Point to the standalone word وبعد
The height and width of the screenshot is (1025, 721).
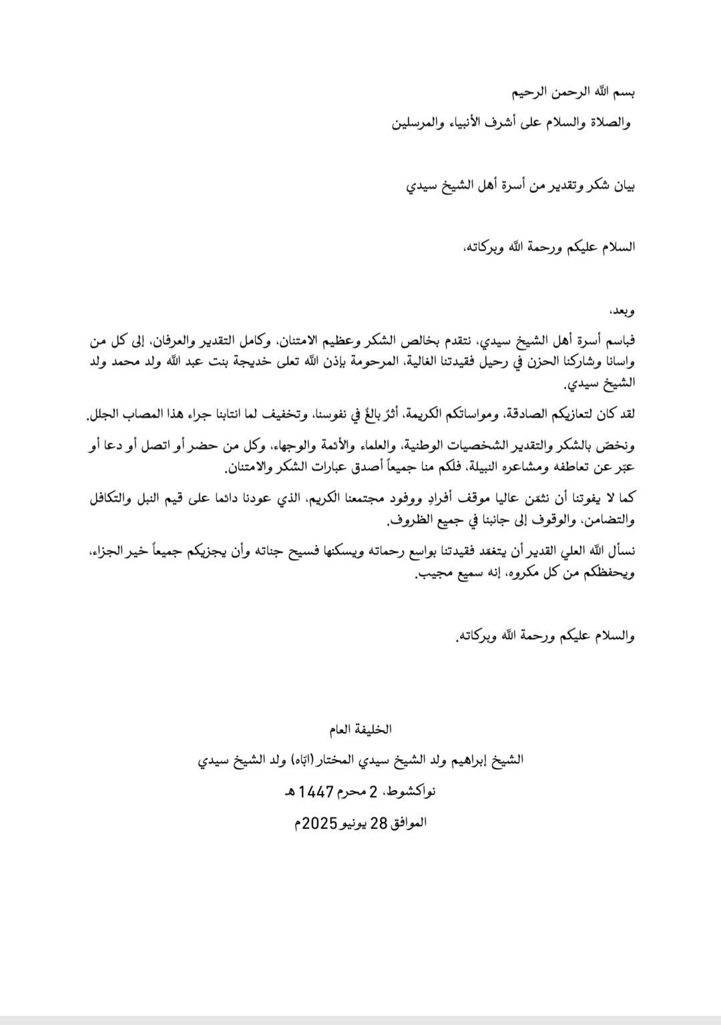(x=623, y=311)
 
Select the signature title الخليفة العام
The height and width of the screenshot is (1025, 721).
(x=360, y=729)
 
